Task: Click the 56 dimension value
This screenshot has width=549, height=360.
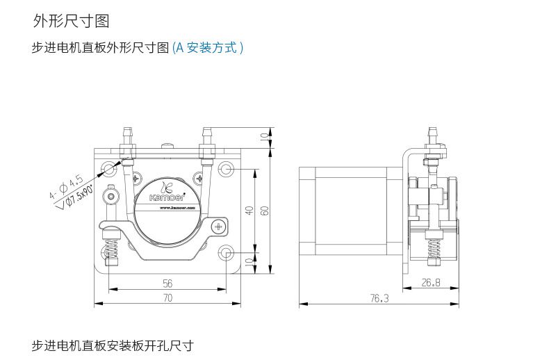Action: [167, 284]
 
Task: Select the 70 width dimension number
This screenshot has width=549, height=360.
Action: [167, 298]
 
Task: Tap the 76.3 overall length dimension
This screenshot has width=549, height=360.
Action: [379, 298]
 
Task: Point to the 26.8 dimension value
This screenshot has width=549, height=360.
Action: [431, 282]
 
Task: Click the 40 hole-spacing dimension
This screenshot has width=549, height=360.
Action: [249, 210]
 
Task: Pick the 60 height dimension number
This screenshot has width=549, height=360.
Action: [264, 210]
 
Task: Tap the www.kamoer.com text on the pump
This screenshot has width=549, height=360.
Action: [169, 206]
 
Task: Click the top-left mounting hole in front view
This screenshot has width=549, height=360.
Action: [108, 168]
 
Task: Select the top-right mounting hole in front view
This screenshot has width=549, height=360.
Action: [227, 168]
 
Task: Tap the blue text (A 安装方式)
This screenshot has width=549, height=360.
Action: [208, 48]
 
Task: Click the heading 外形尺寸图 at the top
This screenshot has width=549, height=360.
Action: [71, 21]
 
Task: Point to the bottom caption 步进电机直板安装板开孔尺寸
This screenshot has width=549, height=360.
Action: [112, 345]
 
